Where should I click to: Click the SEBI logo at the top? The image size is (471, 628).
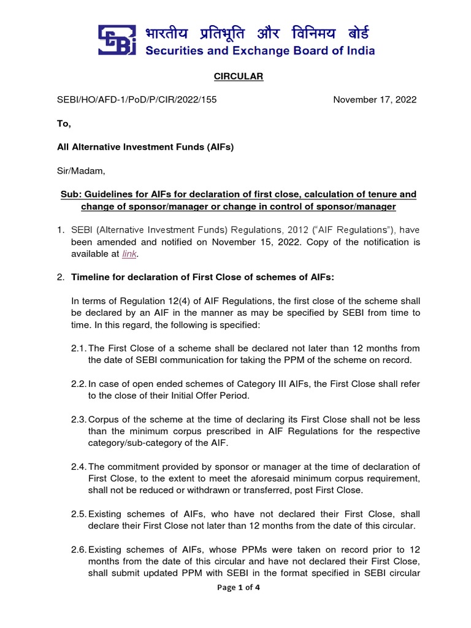point(117,40)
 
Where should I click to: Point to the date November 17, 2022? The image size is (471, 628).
point(375,99)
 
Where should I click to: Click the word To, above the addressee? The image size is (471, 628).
point(64,123)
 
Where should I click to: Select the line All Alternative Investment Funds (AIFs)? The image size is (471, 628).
point(146,147)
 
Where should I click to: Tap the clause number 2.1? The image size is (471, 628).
point(78,348)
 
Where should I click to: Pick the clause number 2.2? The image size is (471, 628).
point(78,383)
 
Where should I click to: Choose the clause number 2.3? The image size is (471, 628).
point(78,419)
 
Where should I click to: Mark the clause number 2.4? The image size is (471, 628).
point(78,467)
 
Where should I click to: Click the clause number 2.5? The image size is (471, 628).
point(78,514)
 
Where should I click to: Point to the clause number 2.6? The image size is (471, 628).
point(78,550)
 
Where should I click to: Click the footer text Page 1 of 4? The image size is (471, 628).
point(235,588)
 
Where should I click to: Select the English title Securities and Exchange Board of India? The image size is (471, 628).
point(260,51)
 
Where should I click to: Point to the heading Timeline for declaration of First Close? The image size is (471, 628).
point(202,277)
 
